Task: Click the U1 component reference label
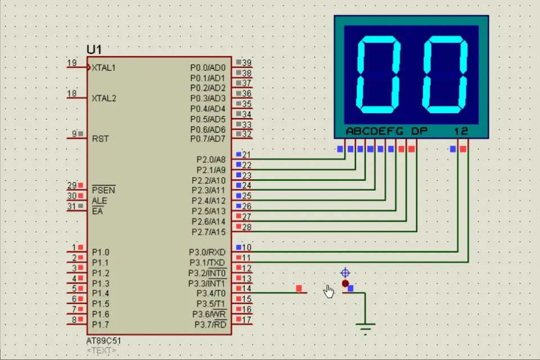(x=94, y=49)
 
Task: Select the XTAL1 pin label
(x=104, y=67)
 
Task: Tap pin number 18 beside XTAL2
(x=72, y=93)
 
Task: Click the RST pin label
(x=100, y=138)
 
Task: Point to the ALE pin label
(x=99, y=201)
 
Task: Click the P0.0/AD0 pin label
(x=208, y=67)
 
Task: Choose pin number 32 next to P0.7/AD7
(x=246, y=134)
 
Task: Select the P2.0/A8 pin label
(x=210, y=160)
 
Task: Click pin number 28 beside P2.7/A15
(x=246, y=227)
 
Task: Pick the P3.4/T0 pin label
(x=210, y=293)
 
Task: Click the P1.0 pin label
(x=101, y=253)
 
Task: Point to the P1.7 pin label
(x=101, y=325)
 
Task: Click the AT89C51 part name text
(x=103, y=341)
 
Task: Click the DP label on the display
(x=419, y=131)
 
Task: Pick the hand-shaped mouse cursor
(x=329, y=291)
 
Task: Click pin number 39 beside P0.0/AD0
(x=246, y=63)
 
